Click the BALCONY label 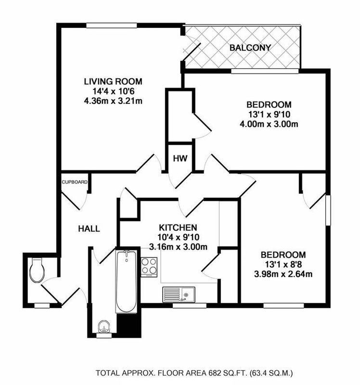[x=250, y=48]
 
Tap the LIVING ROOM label [x=113, y=81]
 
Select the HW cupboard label [x=180, y=159]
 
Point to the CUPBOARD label [x=75, y=182]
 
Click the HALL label [x=89, y=229]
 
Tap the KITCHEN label [x=178, y=228]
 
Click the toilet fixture [x=37, y=270]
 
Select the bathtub [x=126, y=282]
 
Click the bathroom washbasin [x=104, y=327]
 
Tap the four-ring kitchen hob [x=149, y=267]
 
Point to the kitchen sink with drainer [x=179, y=295]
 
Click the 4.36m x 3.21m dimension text [x=113, y=101]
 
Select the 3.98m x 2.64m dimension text [x=283, y=274]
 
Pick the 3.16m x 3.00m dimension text [x=178, y=247]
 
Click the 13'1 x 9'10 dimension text [x=269, y=115]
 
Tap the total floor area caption [x=194, y=373]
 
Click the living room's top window [x=112, y=26]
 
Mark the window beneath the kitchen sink [x=190, y=306]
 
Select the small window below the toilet [x=42, y=306]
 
